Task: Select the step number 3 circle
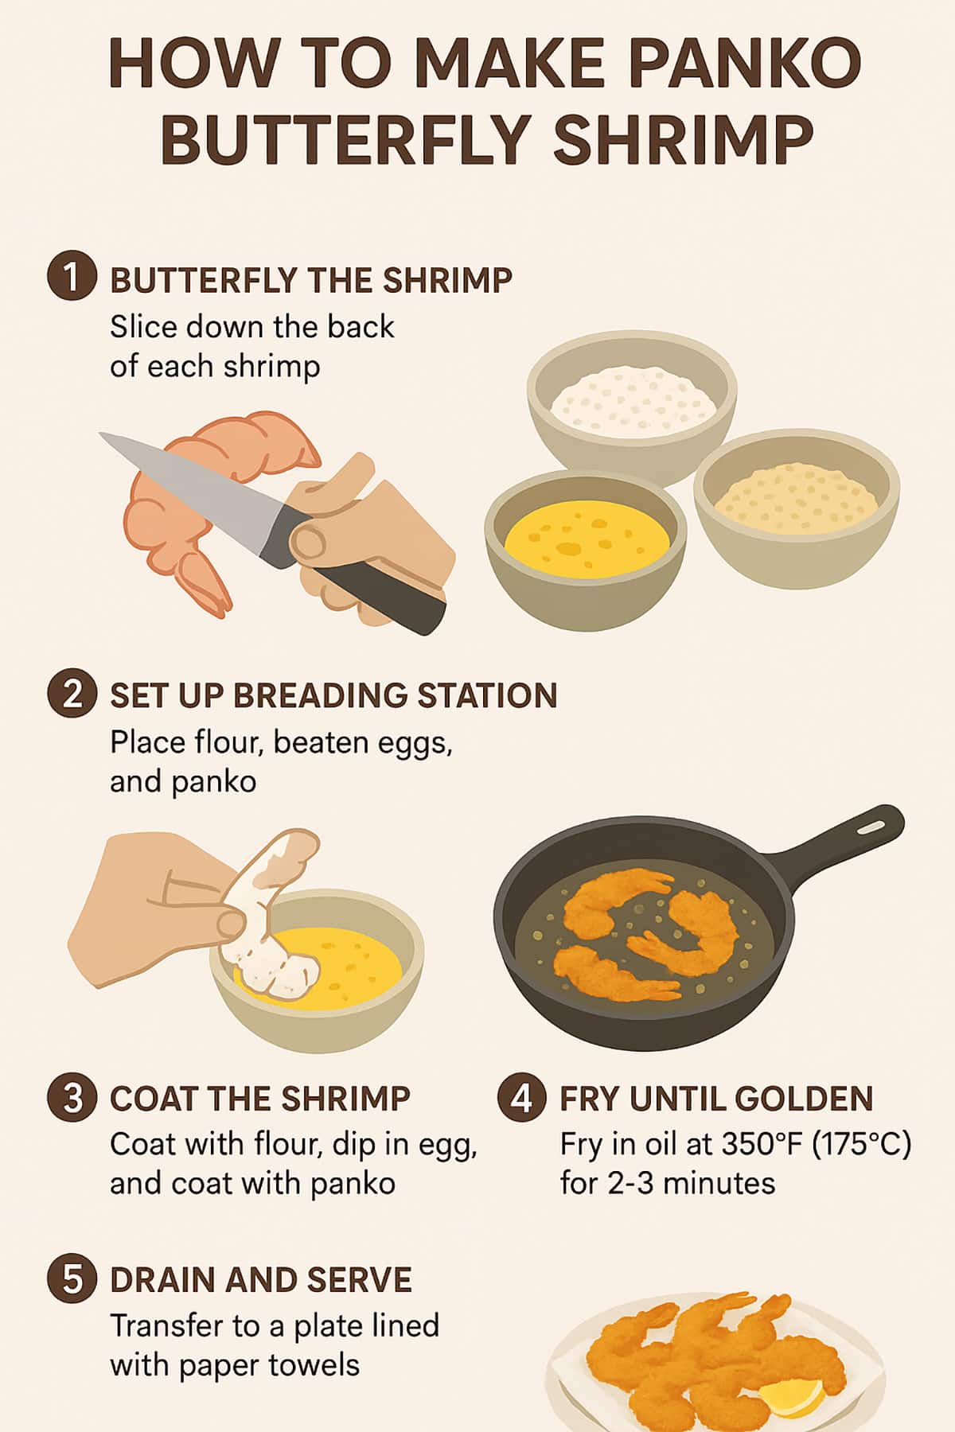click(72, 1098)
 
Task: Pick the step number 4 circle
click(522, 1098)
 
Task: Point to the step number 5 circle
click(72, 1280)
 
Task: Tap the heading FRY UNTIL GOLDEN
click(716, 1099)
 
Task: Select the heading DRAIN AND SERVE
click(261, 1280)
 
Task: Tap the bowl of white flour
click(633, 414)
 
